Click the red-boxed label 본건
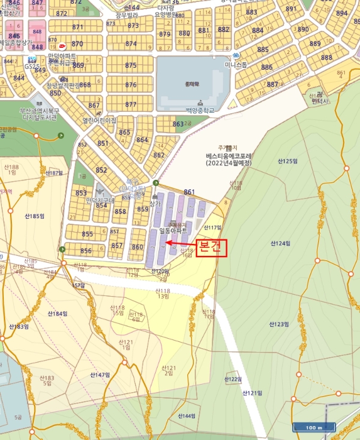click(210, 248)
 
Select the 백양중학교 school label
click(200, 110)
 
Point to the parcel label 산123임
click(278, 324)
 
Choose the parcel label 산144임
click(187, 416)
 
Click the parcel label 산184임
click(57, 314)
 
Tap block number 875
click(130, 65)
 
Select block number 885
click(263, 50)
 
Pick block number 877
click(130, 104)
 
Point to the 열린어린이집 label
click(99, 120)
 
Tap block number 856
click(86, 251)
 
